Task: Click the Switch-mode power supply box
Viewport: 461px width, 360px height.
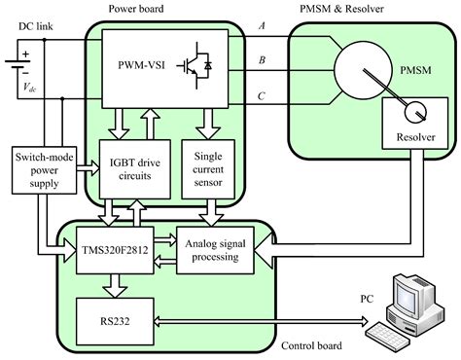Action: click(x=39, y=173)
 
